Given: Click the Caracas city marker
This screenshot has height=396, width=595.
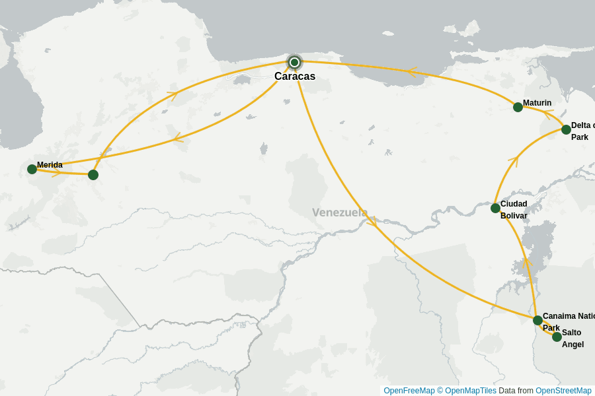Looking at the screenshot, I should [295, 62].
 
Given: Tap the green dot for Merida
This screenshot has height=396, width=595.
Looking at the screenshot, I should [32, 169].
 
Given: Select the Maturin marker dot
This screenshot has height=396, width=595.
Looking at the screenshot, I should [518, 107].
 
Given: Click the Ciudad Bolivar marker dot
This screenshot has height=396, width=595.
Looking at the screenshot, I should [495, 208].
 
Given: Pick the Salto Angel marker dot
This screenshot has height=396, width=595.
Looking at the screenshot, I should [557, 337].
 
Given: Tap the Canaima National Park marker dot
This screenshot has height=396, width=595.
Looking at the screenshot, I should [537, 320].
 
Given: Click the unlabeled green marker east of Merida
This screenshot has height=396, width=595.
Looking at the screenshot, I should [93, 175].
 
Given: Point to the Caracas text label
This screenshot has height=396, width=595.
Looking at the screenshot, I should [295, 77].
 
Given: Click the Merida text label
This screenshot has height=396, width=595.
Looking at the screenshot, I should [50, 165].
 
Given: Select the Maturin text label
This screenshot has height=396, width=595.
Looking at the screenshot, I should [537, 103].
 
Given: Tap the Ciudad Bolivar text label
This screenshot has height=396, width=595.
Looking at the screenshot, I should [514, 210].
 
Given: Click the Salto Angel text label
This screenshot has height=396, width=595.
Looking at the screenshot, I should [573, 339].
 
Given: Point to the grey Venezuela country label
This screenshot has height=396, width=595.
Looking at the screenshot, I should [340, 213].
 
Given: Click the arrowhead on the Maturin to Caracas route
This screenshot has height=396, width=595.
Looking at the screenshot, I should [414, 71].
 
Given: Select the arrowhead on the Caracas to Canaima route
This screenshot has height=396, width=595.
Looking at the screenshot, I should [372, 222].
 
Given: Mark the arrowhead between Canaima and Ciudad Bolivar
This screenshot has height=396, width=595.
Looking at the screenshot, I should [527, 263].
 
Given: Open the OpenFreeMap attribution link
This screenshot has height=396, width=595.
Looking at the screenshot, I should [409, 391].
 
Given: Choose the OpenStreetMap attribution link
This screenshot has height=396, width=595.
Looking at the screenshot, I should [563, 391].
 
